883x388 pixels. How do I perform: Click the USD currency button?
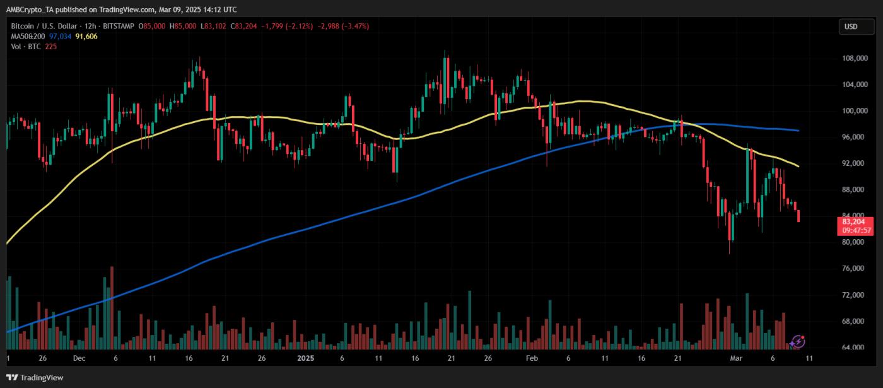coord(851,26)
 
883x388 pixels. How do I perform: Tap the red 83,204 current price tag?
coord(855,221)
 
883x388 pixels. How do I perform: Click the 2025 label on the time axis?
coord(305,358)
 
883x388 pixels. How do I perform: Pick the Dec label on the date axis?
coord(79,358)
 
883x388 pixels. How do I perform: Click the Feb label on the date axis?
coord(532,358)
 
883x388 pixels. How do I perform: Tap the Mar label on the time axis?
coord(736,358)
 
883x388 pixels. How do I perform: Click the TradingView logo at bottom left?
coord(35,377)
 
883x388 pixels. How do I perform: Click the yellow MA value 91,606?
coord(86,37)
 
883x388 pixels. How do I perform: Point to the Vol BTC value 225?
coord(50,47)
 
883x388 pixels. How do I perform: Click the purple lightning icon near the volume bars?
coord(798,341)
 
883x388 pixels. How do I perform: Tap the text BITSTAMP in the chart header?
coord(122,26)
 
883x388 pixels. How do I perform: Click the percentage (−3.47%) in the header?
coord(355,26)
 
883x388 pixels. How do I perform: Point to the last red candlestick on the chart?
coord(799,216)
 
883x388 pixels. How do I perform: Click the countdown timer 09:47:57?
coord(855,230)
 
